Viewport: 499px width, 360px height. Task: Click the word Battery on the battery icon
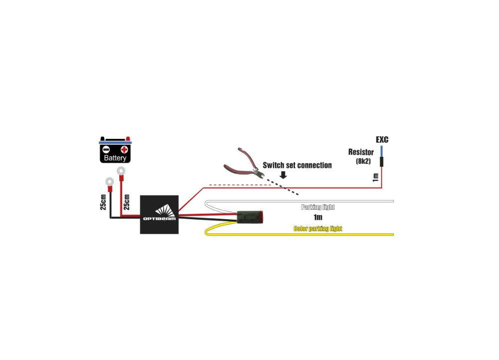click(x=115, y=158)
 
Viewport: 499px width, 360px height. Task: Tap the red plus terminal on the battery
click(x=124, y=149)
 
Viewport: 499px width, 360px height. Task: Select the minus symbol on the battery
click(x=106, y=149)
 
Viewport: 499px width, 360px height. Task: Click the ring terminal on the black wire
click(x=109, y=182)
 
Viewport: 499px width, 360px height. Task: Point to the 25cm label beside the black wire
click(x=103, y=202)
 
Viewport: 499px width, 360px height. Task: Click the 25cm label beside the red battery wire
click(x=127, y=202)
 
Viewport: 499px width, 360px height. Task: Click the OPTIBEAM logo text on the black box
click(x=159, y=219)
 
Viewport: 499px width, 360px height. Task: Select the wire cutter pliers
click(x=244, y=164)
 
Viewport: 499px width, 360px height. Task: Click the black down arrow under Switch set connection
click(x=283, y=175)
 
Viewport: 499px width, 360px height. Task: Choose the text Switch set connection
click(x=297, y=165)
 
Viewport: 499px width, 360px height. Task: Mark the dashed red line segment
click(x=240, y=185)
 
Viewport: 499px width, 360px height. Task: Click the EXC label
click(x=382, y=139)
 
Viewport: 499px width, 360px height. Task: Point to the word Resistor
click(x=361, y=152)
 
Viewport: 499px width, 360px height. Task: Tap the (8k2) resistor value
click(x=363, y=161)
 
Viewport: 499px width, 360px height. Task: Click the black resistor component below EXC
click(x=382, y=161)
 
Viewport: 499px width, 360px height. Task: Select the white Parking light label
click(x=318, y=207)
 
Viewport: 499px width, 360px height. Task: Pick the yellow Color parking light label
click(x=317, y=229)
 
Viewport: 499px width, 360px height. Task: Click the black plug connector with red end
click(x=249, y=217)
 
